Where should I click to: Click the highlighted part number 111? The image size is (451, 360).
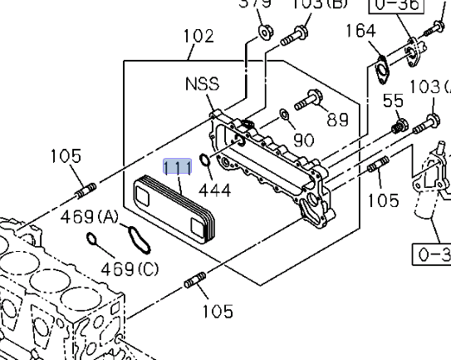pyautogui.click(x=178, y=167)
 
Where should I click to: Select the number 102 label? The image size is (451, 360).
pyautogui.click(x=198, y=37)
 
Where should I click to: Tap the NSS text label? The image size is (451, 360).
pyautogui.click(x=201, y=84)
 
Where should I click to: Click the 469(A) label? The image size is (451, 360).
pyautogui.click(x=90, y=218)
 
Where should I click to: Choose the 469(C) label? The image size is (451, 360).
pyautogui.click(x=130, y=269)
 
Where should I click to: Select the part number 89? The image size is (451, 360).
pyautogui.click(x=337, y=119)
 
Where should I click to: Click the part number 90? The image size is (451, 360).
pyautogui.click(x=304, y=140)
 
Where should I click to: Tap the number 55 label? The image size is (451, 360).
pyautogui.click(x=394, y=101)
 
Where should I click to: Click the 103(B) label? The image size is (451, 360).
pyautogui.click(x=320, y=4)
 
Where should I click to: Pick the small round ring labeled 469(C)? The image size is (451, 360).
pyautogui.click(x=94, y=242)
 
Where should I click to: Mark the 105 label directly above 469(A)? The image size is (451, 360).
pyautogui.click(x=65, y=156)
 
